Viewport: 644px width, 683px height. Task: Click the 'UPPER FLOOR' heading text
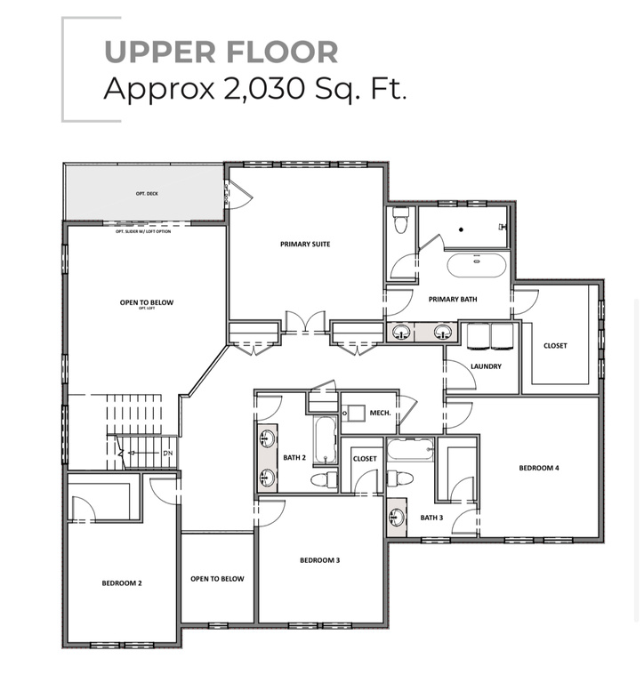[221, 51]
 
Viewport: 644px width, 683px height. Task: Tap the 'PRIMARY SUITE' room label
[305, 244]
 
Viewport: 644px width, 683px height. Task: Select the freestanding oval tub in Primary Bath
[476, 263]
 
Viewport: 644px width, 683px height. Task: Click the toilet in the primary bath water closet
[400, 219]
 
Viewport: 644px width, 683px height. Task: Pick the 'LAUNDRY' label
[486, 366]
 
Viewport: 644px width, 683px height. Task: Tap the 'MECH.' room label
[381, 414]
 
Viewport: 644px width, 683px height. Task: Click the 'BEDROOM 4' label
[539, 467]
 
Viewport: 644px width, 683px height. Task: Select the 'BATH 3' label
[431, 518]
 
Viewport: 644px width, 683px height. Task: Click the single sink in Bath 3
[397, 516]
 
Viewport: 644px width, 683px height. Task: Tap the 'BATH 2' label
[294, 458]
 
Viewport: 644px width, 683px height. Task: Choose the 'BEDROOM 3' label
[319, 560]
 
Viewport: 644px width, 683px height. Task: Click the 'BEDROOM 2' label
[122, 583]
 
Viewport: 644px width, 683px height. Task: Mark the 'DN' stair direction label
[166, 454]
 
